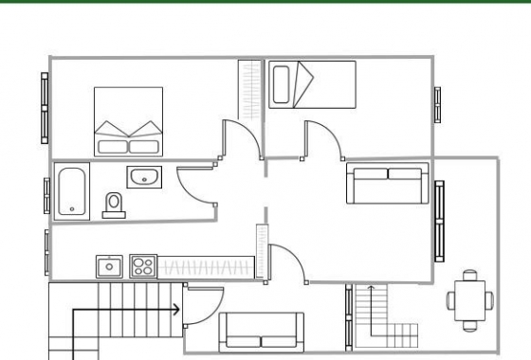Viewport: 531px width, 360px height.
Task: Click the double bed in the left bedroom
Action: (127, 121)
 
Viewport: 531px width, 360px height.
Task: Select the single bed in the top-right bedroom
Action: (311, 84)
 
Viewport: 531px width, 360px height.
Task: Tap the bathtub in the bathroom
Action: (72, 192)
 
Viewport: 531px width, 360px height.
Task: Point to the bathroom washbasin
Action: (144, 176)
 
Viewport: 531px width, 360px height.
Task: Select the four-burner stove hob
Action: (143, 266)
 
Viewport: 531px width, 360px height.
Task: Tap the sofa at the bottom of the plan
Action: (262, 332)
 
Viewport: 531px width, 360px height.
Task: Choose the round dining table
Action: (469, 299)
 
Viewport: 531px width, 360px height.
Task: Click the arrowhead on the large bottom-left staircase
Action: (176, 309)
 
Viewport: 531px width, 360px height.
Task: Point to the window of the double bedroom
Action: (44, 107)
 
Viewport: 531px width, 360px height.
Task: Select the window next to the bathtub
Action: (46, 194)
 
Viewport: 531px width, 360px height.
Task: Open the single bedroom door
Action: (319, 137)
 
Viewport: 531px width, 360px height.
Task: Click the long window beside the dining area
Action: (440, 223)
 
